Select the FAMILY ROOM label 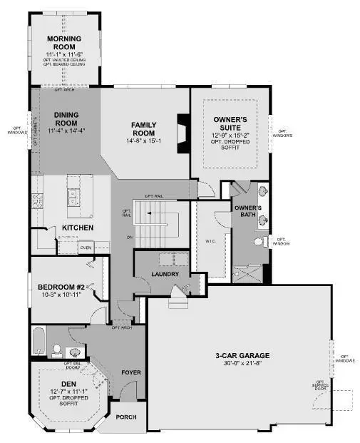[143, 128]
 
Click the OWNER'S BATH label [249, 212]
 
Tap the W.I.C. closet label [211, 240]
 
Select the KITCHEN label [78, 227]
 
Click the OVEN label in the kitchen [86, 248]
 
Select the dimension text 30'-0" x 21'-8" [238, 364]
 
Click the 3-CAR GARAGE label [238, 355]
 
